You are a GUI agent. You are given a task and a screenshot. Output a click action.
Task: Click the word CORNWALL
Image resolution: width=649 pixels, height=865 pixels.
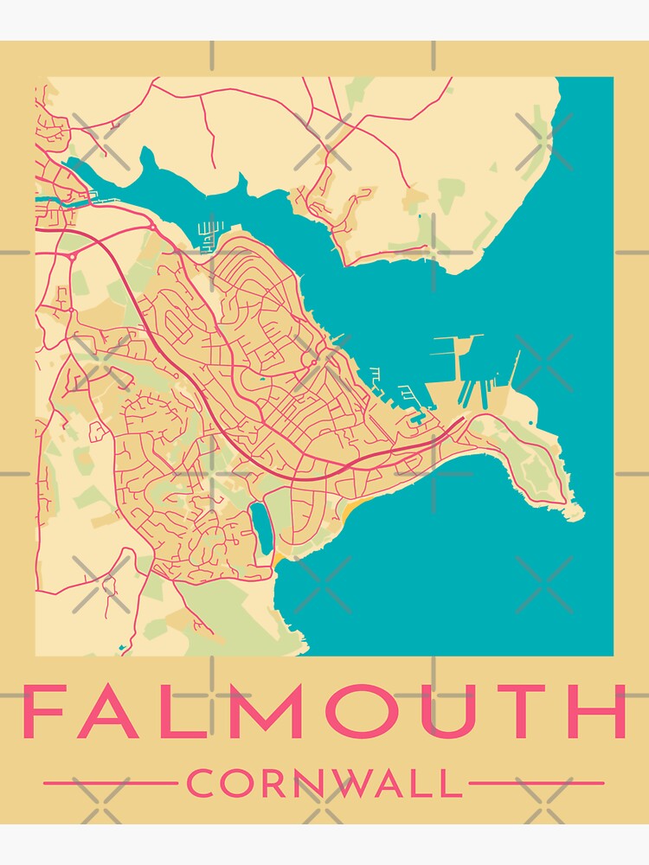point(324,784)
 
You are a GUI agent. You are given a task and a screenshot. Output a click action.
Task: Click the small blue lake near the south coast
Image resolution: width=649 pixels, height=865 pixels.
point(260,527)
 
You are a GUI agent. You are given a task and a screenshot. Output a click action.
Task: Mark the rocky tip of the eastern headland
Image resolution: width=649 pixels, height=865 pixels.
point(575,515)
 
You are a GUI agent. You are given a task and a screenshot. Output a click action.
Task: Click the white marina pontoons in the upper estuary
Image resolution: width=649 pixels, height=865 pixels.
point(208,234)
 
